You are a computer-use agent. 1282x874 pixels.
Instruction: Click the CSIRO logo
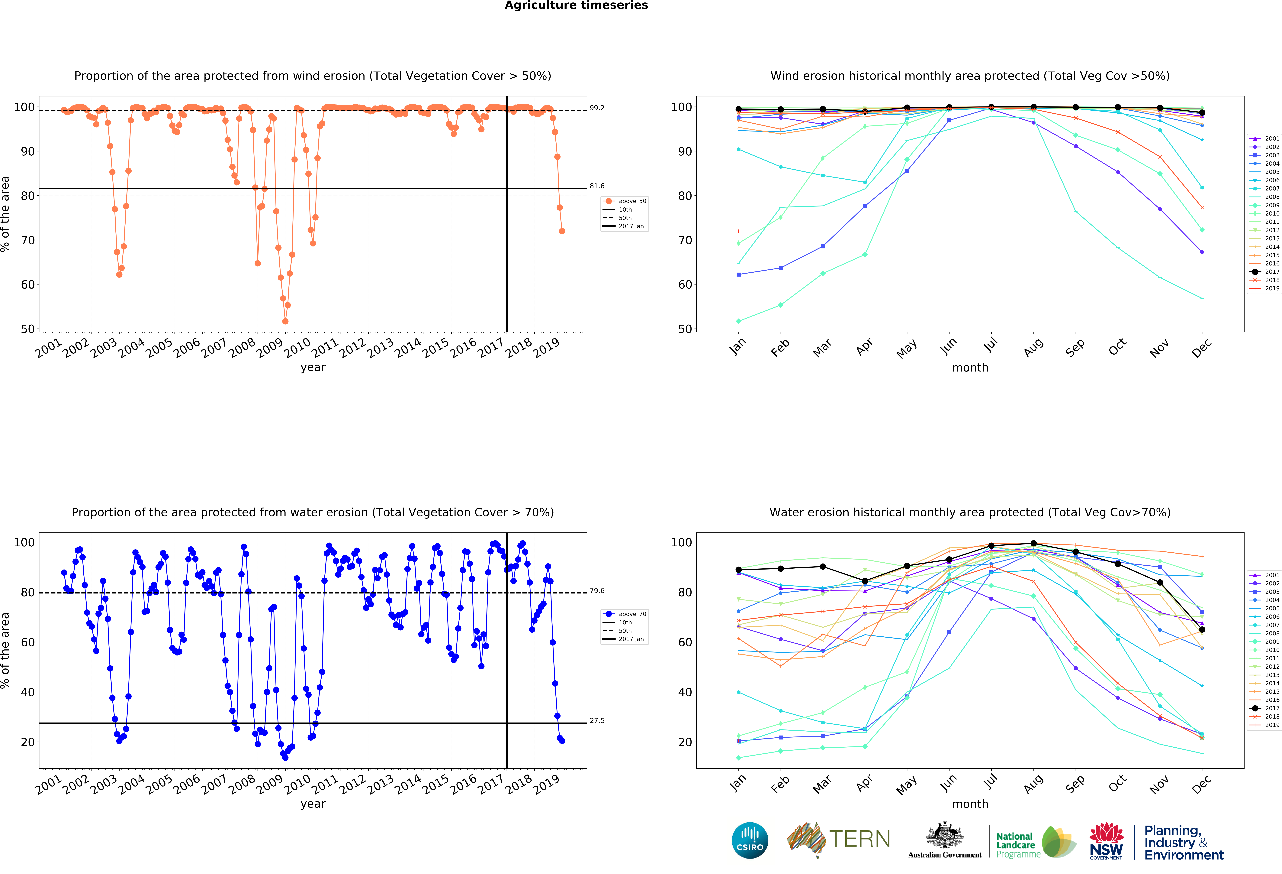pos(750,840)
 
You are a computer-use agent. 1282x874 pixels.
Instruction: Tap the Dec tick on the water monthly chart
pos(1201,784)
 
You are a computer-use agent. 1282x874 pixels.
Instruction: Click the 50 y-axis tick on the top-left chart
pos(28,329)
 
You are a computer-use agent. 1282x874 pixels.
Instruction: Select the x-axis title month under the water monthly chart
pos(970,804)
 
